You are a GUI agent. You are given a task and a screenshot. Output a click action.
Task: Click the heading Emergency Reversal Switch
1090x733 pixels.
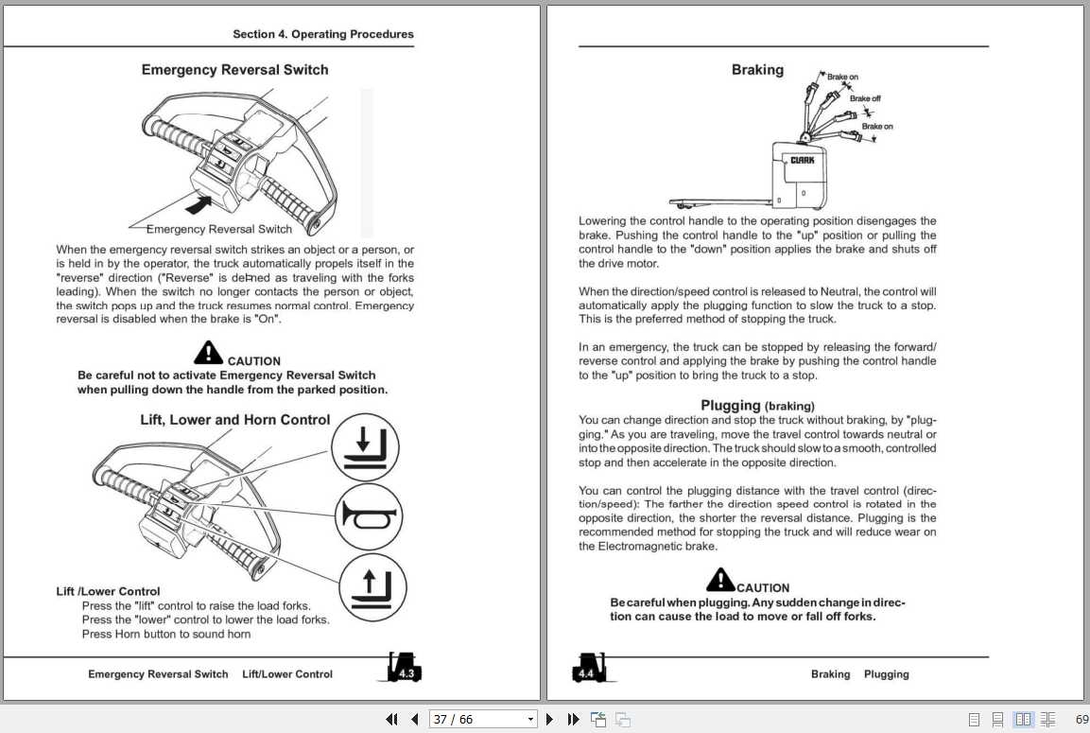click(x=234, y=70)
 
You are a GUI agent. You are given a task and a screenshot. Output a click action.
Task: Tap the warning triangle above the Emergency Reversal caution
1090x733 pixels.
click(x=208, y=353)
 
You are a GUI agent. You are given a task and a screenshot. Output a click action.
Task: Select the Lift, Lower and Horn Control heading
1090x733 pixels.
click(x=234, y=420)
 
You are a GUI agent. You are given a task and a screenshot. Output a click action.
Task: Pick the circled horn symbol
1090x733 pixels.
click(x=369, y=516)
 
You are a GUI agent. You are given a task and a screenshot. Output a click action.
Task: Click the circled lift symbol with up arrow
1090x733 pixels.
click(x=368, y=587)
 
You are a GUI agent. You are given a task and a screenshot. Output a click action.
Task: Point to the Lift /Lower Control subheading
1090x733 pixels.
click(x=108, y=592)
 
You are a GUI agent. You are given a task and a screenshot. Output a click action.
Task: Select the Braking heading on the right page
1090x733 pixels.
click(x=757, y=70)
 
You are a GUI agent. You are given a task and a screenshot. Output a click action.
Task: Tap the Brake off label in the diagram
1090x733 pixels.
click(x=865, y=98)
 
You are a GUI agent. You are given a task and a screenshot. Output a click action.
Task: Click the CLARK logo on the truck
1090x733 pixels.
click(x=803, y=161)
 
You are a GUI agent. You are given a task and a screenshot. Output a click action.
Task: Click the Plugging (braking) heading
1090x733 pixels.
click(x=757, y=406)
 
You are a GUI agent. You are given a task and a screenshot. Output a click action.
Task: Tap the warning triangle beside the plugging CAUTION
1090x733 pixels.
click(x=720, y=579)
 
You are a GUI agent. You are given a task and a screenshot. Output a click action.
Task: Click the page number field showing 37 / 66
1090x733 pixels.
click(x=482, y=720)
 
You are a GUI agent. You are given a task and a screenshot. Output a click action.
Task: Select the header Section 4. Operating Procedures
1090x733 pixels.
click(x=323, y=34)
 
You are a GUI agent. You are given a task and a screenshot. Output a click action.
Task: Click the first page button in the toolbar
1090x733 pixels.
click(x=391, y=720)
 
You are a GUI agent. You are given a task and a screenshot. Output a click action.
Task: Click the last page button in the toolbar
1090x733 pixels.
click(x=573, y=720)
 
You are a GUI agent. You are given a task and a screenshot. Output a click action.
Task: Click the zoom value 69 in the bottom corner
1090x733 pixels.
click(x=1081, y=720)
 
